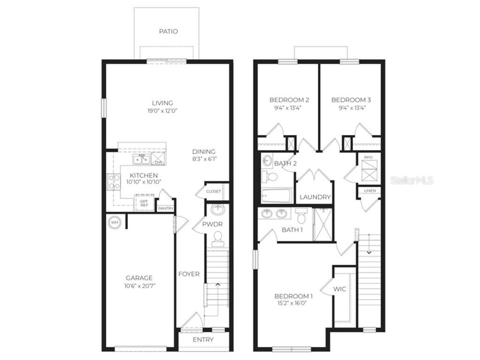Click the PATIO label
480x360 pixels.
168,31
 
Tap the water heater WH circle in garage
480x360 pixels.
114,222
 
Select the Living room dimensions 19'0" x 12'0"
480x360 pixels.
163,111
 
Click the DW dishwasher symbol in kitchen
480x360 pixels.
158,159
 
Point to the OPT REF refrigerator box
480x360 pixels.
144,203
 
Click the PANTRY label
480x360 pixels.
165,209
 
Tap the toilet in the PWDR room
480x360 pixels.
218,239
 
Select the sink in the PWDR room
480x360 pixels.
218,210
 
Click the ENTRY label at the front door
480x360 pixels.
203,339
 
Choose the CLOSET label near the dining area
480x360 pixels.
213,191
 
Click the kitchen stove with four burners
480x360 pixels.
113,182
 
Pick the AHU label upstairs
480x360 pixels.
368,157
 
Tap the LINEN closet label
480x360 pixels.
370,191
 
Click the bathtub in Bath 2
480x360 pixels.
277,195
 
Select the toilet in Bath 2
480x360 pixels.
270,176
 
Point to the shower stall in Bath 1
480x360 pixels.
323,225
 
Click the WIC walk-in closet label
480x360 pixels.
340,289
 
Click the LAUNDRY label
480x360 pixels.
315,197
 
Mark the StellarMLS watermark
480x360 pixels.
412,180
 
